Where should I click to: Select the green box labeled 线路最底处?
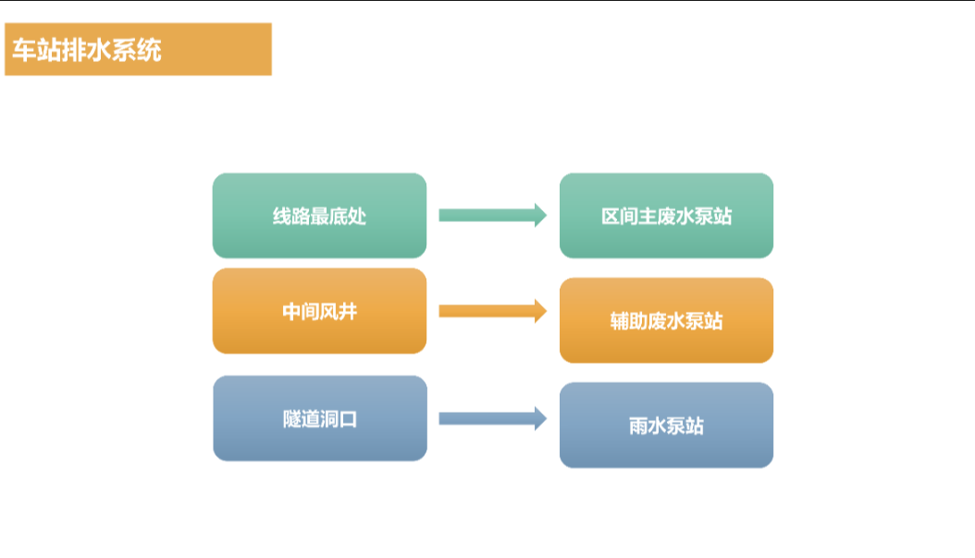(x=319, y=216)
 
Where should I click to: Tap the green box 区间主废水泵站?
(x=666, y=216)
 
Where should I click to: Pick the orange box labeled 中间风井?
(x=319, y=312)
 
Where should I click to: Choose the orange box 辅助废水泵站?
(x=666, y=321)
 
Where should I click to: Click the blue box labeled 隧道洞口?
(x=319, y=418)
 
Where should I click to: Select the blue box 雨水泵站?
(x=666, y=426)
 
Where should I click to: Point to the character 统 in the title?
(x=150, y=50)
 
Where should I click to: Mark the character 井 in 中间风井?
(x=347, y=312)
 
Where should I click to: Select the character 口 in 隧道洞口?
(x=348, y=419)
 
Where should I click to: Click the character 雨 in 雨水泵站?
(x=638, y=427)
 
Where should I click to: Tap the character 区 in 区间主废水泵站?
(x=611, y=217)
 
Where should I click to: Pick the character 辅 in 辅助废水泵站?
(x=620, y=321)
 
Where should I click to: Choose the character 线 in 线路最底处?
(x=282, y=217)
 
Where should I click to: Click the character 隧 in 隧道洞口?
(x=292, y=419)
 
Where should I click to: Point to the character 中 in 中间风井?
(x=292, y=312)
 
